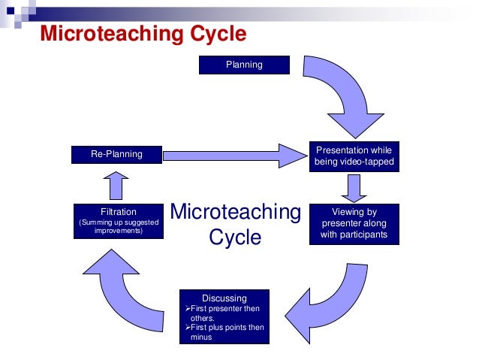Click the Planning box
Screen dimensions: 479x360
[x=244, y=65]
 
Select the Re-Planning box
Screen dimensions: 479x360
[x=116, y=154]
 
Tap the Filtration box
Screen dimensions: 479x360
[x=118, y=220]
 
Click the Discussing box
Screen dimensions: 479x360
[x=224, y=316]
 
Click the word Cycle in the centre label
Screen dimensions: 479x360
[x=235, y=237]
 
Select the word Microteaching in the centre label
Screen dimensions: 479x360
[x=235, y=213]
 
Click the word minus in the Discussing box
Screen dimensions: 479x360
[x=201, y=337]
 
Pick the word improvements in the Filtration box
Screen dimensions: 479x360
[x=119, y=231]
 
